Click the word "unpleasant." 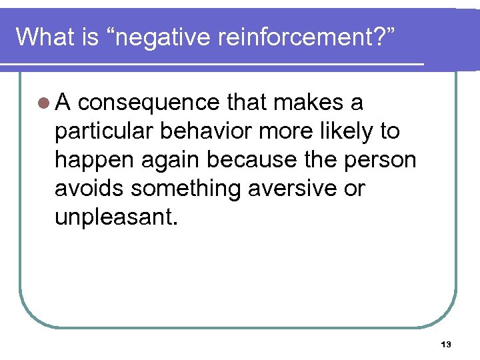[x=117, y=218]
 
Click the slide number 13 [x=446, y=345]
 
